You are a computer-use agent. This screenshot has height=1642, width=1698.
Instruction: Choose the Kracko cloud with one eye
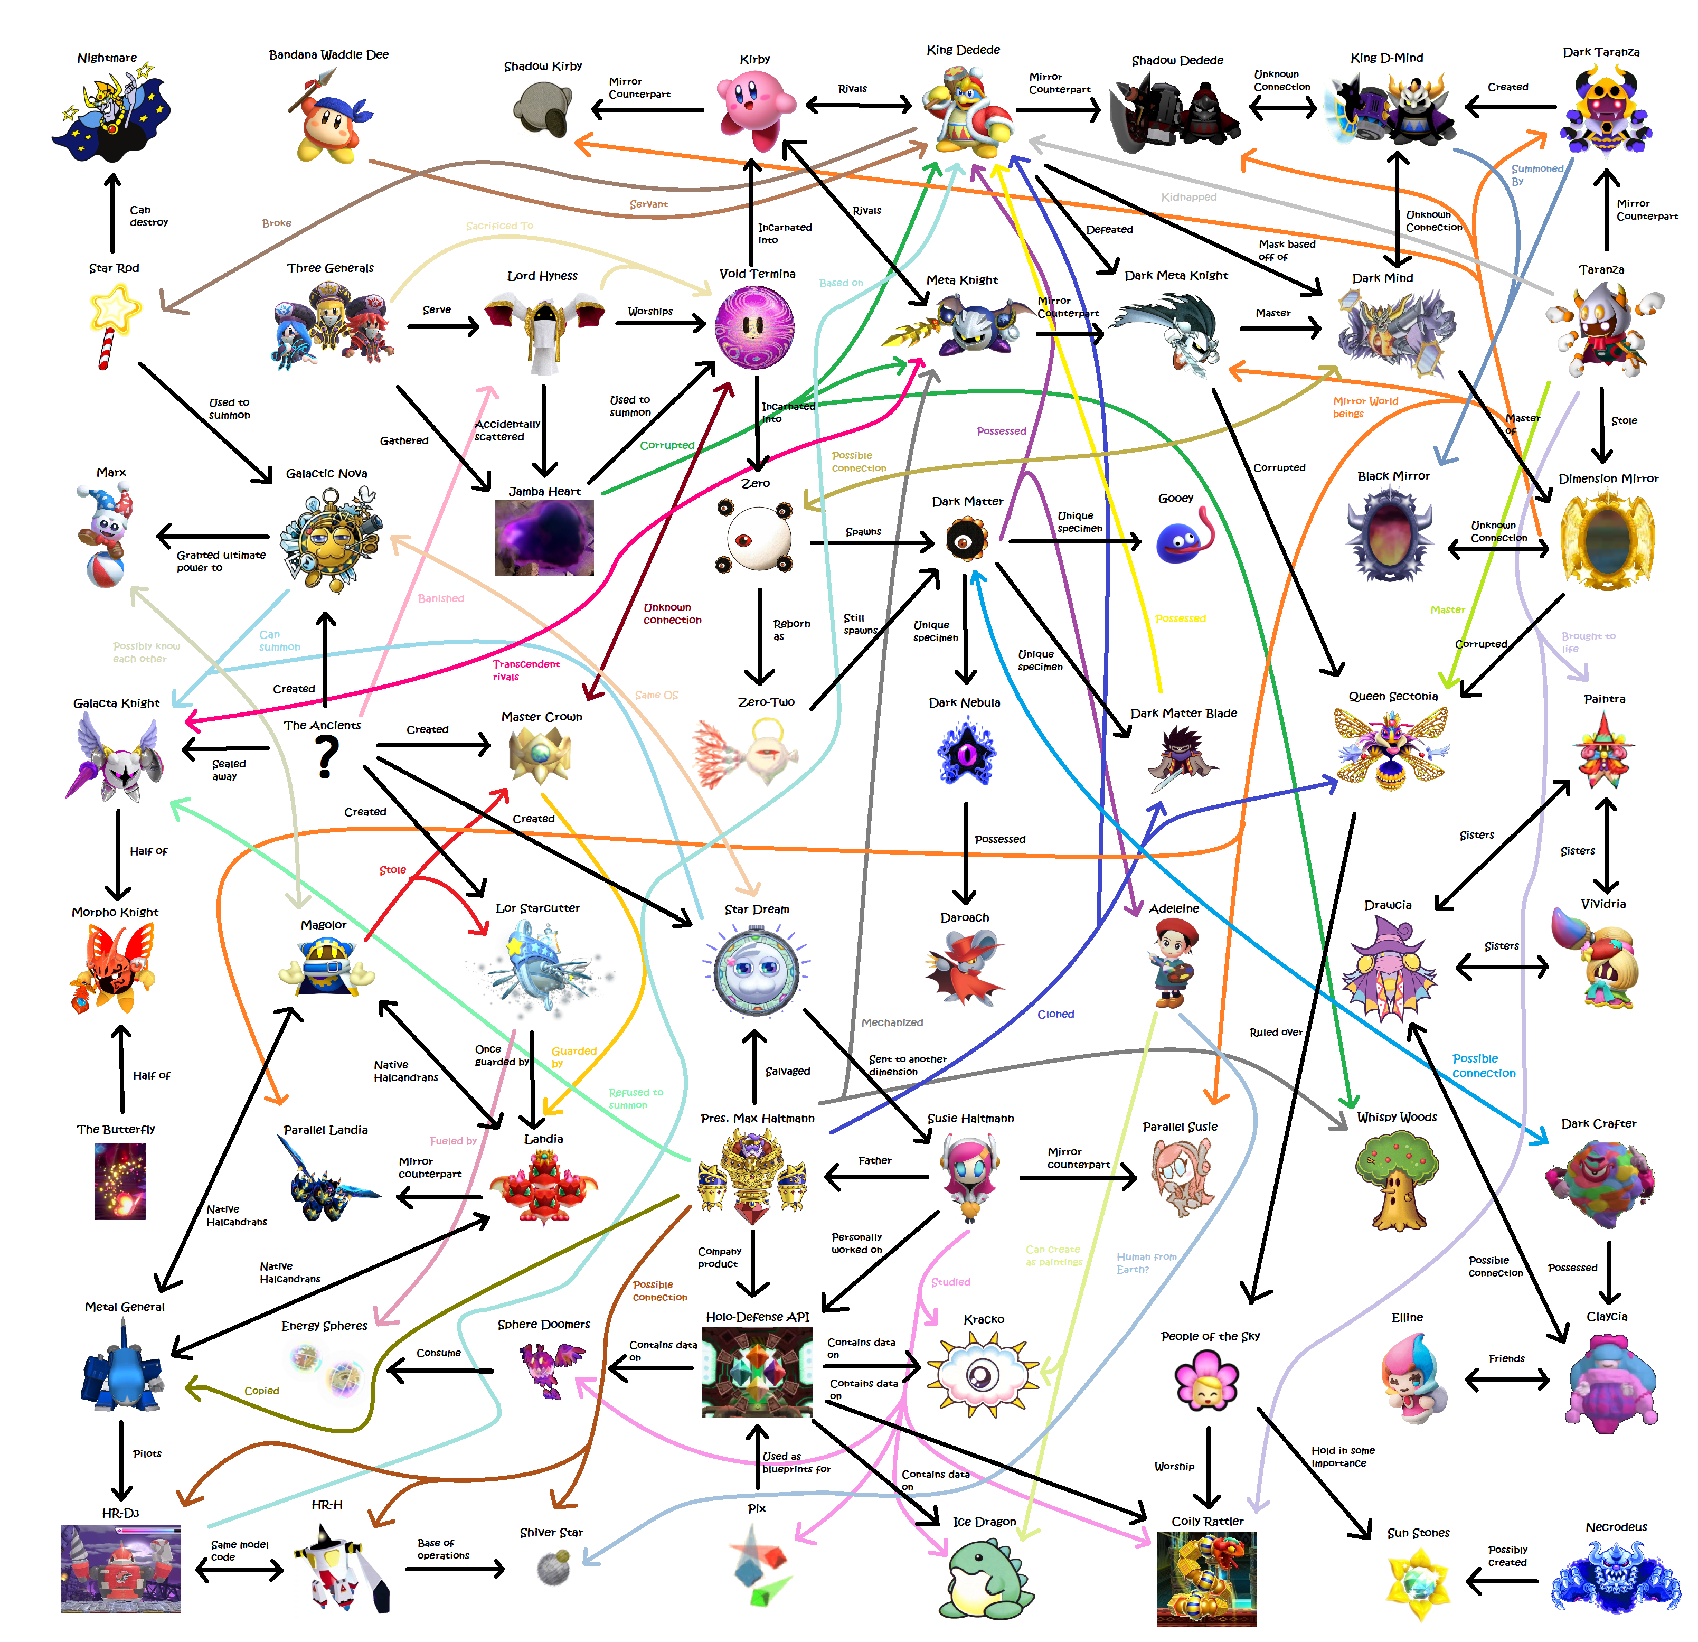point(983,1373)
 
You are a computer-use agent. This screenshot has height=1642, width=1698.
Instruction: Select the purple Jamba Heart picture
point(544,537)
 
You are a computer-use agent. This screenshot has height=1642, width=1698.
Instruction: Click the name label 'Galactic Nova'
point(327,473)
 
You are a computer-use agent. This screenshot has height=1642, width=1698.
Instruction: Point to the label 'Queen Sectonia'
point(1393,696)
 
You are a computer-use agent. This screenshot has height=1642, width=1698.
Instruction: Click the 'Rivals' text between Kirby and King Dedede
point(853,88)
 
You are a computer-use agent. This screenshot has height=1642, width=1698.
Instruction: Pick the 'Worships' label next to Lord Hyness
point(650,311)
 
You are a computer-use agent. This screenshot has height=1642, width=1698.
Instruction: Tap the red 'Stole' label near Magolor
point(392,870)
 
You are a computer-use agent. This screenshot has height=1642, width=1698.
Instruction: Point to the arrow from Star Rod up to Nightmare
point(112,212)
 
